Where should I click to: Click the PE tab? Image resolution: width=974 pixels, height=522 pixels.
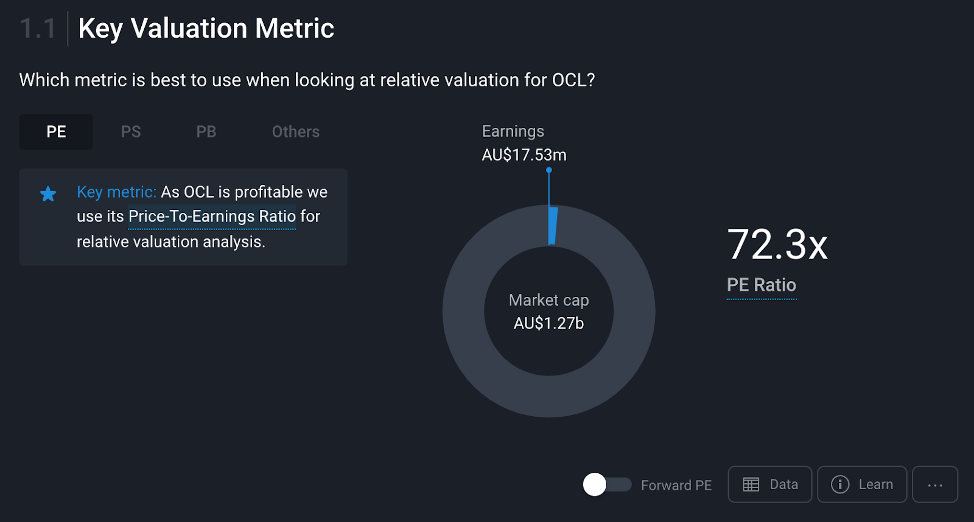coord(56,132)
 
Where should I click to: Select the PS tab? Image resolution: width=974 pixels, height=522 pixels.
coord(131,132)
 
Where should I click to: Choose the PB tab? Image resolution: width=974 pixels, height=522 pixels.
coord(206,132)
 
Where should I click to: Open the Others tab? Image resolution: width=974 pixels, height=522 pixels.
coord(296,132)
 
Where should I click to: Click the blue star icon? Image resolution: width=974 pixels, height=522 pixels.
coord(48,194)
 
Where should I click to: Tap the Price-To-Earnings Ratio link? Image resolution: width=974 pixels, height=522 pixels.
coord(212,217)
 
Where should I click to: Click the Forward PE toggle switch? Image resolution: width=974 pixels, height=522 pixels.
coord(607,485)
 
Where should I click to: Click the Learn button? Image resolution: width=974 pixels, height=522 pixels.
coord(862,485)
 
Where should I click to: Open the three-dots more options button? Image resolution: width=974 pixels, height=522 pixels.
coord(935,485)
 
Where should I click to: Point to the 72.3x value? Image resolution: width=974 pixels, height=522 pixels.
coord(777,245)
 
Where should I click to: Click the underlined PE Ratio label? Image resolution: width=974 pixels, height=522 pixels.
coord(762,285)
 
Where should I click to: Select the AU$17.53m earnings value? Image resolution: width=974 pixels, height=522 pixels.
coord(524,155)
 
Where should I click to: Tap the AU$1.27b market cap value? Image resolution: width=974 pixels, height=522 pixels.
coord(548,324)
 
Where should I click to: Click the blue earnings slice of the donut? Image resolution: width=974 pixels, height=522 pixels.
coord(553,226)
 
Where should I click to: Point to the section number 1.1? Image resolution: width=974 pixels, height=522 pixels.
coord(38,29)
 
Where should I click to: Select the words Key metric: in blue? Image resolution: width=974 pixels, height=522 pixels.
coord(116,192)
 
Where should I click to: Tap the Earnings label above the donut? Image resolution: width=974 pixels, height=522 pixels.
coord(513,131)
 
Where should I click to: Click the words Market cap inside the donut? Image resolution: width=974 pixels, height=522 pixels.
coord(548,301)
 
